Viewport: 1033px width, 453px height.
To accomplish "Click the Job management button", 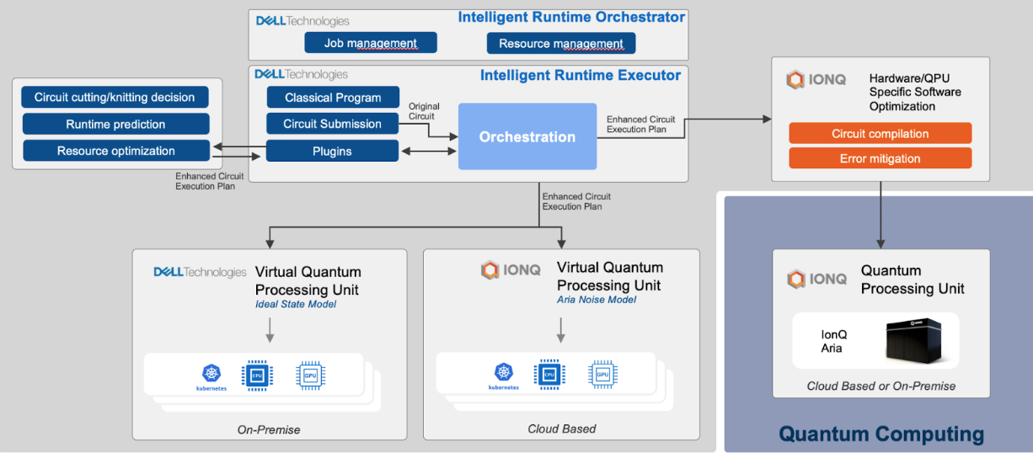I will point(371,43).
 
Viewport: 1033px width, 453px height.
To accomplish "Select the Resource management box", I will point(561,43).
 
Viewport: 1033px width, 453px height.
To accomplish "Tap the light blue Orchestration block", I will point(527,136).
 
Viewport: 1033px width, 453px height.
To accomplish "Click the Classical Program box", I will point(333,98).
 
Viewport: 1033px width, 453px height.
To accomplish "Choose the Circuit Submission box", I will point(333,124).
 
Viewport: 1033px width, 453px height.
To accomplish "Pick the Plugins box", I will point(332,151).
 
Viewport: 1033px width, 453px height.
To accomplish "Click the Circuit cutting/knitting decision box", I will point(115,97).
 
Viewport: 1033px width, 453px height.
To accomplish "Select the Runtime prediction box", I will point(115,125).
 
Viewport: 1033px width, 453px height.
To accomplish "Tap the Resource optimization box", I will point(115,151).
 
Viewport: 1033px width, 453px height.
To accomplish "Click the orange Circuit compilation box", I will point(880,133).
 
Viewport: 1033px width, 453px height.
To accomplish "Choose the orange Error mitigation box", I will point(880,158).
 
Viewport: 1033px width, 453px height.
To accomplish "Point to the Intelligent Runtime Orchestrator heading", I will point(571,17).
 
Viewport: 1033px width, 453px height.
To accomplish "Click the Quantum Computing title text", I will point(880,434).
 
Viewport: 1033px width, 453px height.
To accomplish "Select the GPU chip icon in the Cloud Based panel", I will point(602,375).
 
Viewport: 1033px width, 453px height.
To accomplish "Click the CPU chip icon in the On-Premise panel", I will point(257,375).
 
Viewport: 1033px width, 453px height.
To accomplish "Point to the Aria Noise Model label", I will point(597,300).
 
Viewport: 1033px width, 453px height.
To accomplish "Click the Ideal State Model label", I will point(295,304).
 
